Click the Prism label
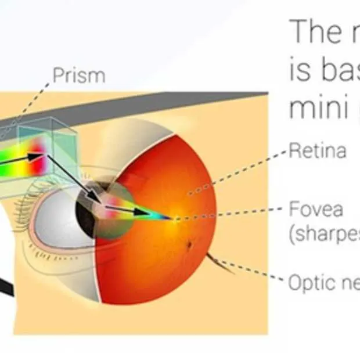tap(79, 75)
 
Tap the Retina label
tap(318, 151)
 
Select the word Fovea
tap(316, 208)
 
